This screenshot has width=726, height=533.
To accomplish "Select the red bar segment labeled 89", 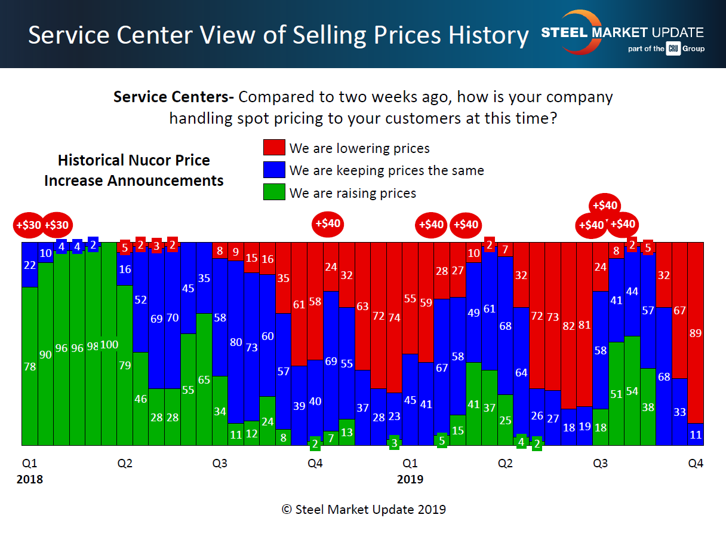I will pyautogui.click(x=696, y=332).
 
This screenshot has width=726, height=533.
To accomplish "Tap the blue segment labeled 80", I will pyautogui.click(x=235, y=342).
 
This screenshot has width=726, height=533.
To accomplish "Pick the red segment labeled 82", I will pyautogui.click(x=569, y=326).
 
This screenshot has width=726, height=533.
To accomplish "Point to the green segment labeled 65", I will pyautogui.click(x=204, y=379).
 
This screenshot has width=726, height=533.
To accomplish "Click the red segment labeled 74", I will pyautogui.click(x=393, y=317).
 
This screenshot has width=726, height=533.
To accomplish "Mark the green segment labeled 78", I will pyautogui.click(x=30, y=366).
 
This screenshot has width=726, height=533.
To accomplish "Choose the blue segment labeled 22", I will pyautogui.click(x=30, y=264).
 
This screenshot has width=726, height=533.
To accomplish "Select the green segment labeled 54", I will pyautogui.click(x=632, y=391).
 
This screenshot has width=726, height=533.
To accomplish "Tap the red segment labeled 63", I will pyautogui.click(x=362, y=306).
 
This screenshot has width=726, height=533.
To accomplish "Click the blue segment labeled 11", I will pyautogui.click(x=696, y=434).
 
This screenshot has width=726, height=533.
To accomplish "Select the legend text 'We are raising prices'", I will pyautogui.click(x=352, y=193).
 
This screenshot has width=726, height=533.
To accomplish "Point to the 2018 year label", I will pyautogui.click(x=30, y=479).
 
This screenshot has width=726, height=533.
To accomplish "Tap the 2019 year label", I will pyautogui.click(x=410, y=479).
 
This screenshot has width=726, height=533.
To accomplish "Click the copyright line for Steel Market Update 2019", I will pyautogui.click(x=364, y=509).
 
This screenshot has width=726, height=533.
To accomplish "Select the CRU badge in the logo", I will pyautogui.click(x=673, y=49).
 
